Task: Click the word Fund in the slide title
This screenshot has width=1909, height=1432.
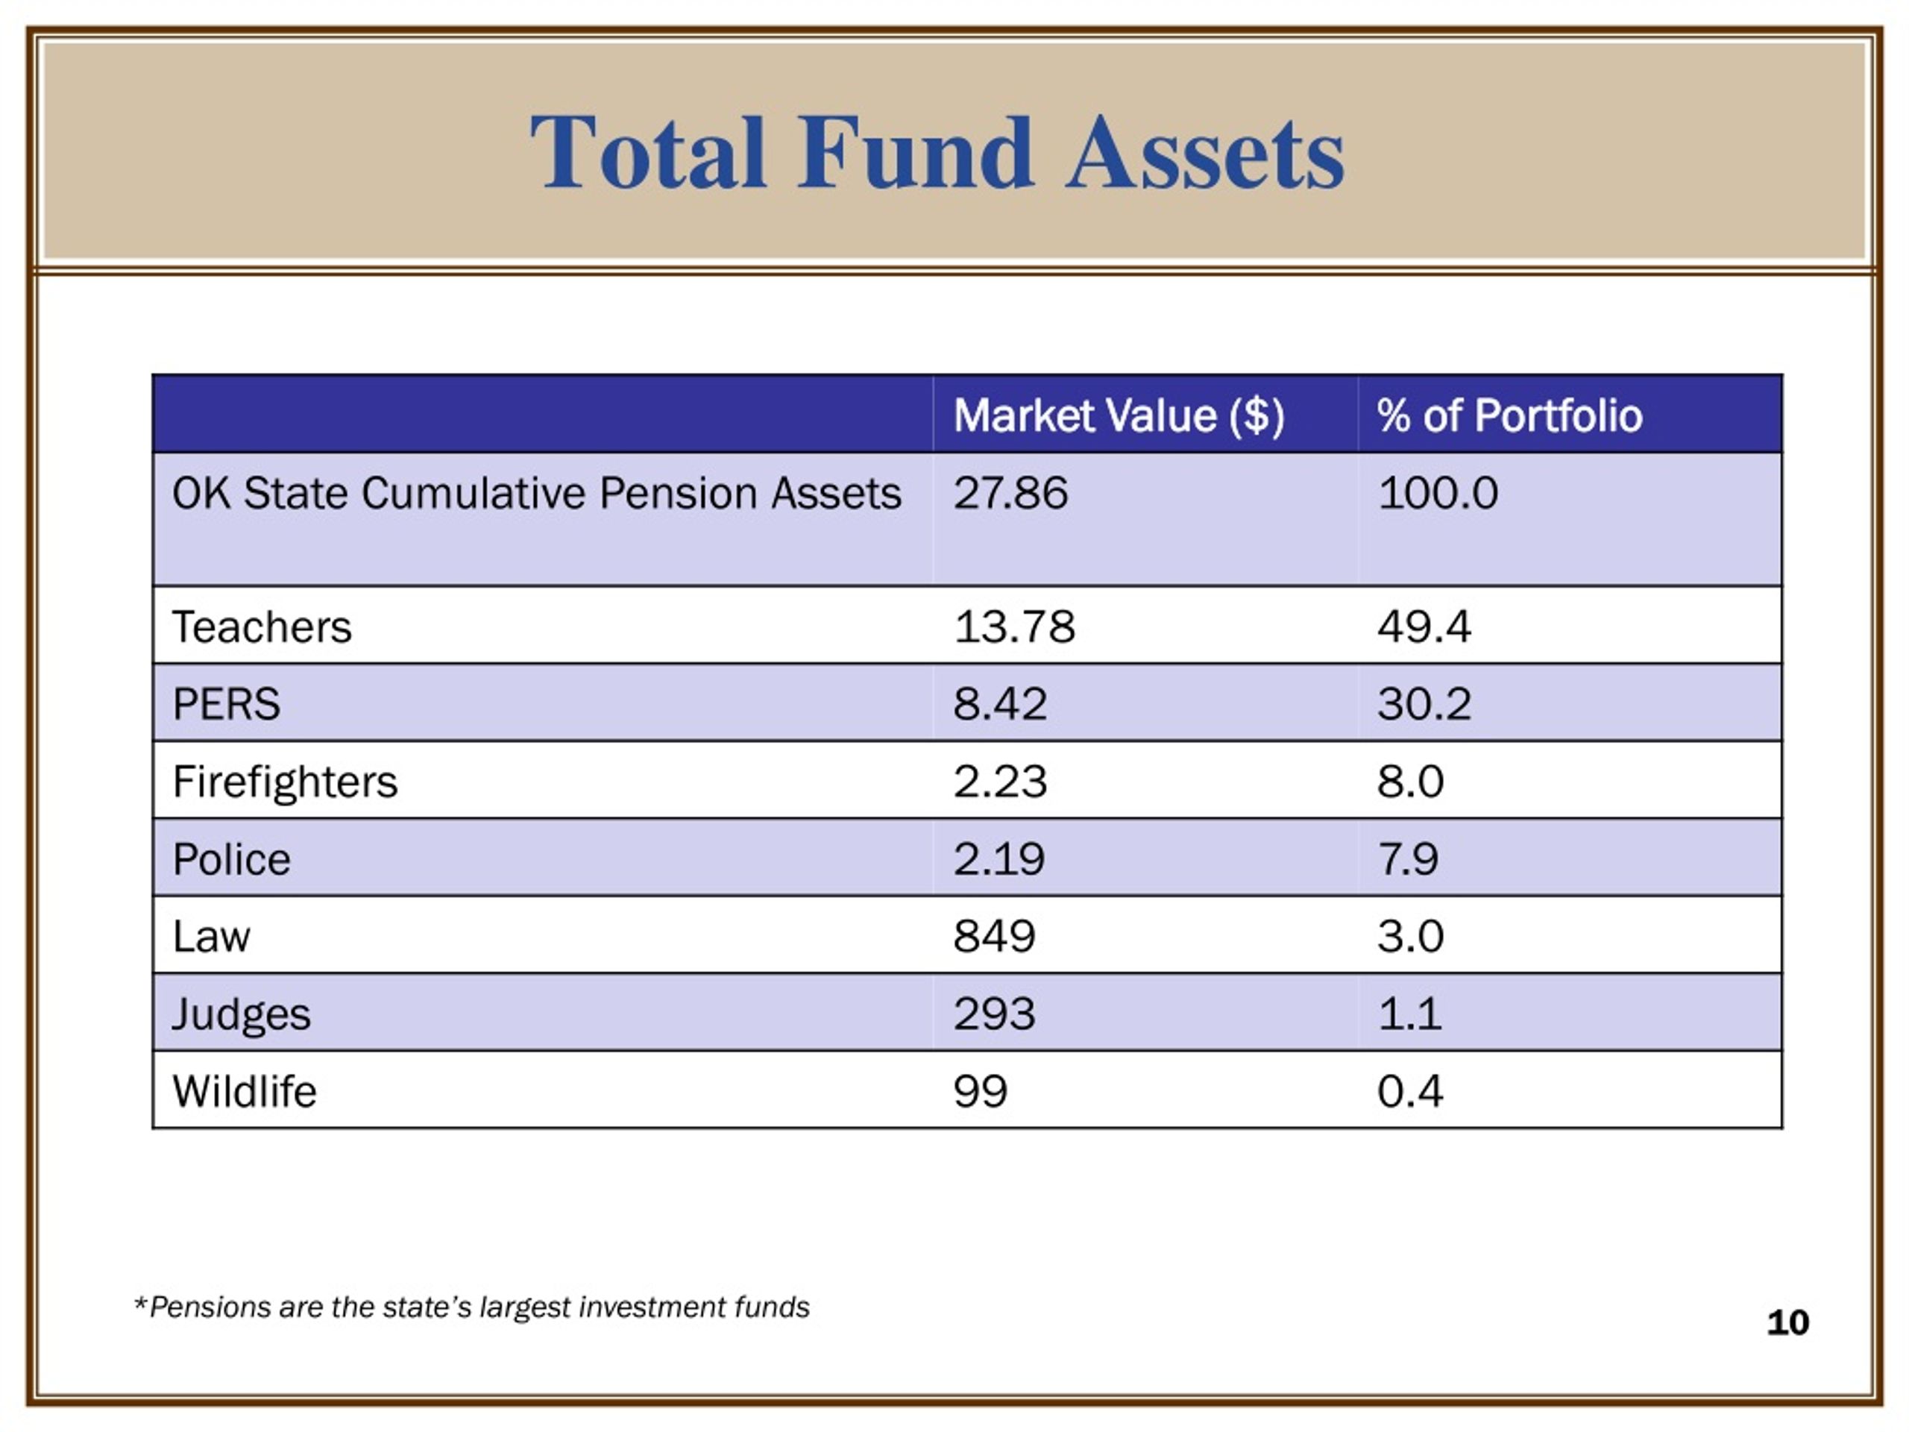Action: pyautogui.click(x=915, y=153)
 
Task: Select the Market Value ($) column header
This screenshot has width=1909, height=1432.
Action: pyautogui.click(x=1119, y=416)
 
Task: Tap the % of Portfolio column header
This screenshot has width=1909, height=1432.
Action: pyautogui.click(x=1509, y=415)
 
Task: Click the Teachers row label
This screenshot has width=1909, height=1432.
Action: pyautogui.click(x=262, y=626)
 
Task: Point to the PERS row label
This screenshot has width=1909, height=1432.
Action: pyautogui.click(x=226, y=703)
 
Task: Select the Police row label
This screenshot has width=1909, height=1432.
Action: pyautogui.click(x=231, y=859)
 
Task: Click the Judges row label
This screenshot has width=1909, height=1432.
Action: pyautogui.click(x=241, y=1015)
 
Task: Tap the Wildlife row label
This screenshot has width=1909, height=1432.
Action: pyautogui.click(x=245, y=1091)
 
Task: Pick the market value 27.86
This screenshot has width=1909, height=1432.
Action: pyautogui.click(x=1010, y=493)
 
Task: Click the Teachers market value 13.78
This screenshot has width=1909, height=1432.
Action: pyautogui.click(x=1014, y=626)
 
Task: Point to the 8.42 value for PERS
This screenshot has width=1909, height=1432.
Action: pyautogui.click(x=1000, y=703)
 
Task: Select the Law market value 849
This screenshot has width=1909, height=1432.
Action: pyautogui.click(x=994, y=937)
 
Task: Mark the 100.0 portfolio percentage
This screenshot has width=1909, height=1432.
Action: pyautogui.click(x=1438, y=493)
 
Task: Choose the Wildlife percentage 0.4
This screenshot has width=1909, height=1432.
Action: pyautogui.click(x=1410, y=1091)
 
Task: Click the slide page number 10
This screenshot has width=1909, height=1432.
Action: pyautogui.click(x=1787, y=1323)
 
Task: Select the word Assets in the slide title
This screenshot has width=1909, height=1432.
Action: pyautogui.click(x=1205, y=153)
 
